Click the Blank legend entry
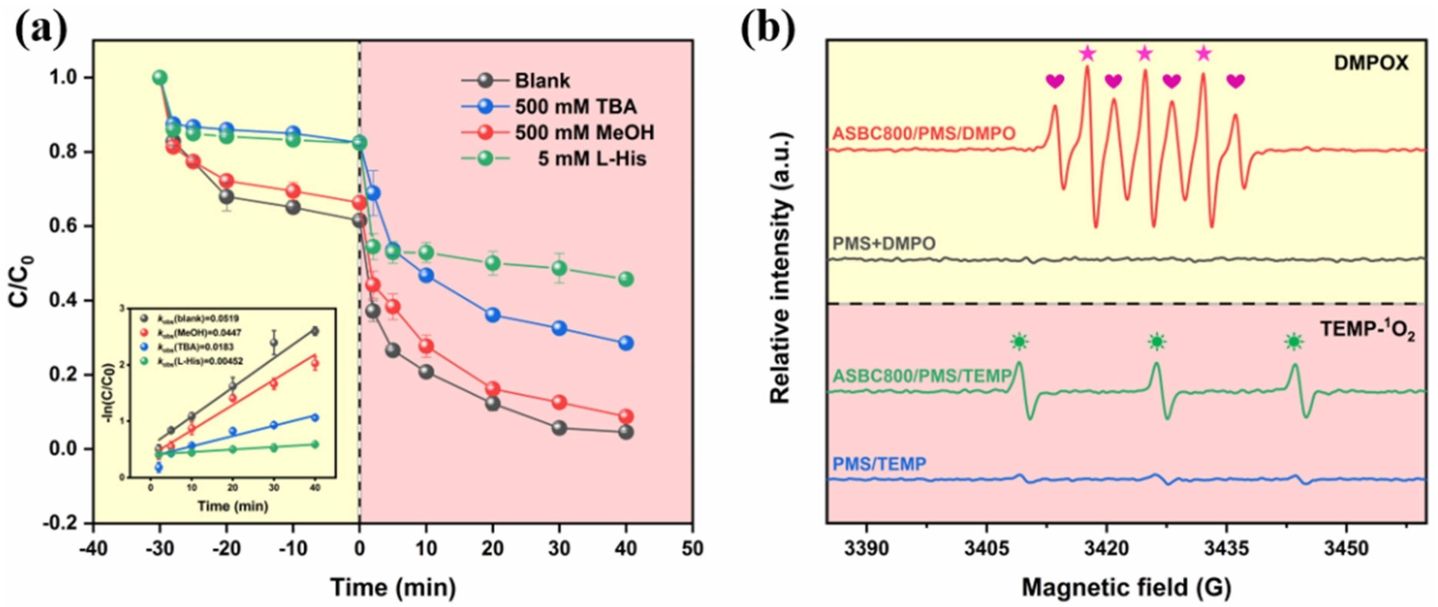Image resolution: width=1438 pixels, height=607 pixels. click(542, 81)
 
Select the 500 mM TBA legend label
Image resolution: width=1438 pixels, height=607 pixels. click(575, 107)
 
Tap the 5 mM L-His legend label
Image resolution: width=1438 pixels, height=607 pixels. click(592, 159)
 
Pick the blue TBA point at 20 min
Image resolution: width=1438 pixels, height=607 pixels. click(493, 315)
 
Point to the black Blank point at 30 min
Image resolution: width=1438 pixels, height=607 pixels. click(559, 428)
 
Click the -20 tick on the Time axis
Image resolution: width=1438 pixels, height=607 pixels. click(226, 549)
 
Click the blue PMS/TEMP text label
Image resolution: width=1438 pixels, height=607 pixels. click(879, 464)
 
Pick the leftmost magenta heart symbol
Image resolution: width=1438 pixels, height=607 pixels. click(1054, 82)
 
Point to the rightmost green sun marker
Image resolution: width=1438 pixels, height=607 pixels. click(1293, 341)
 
